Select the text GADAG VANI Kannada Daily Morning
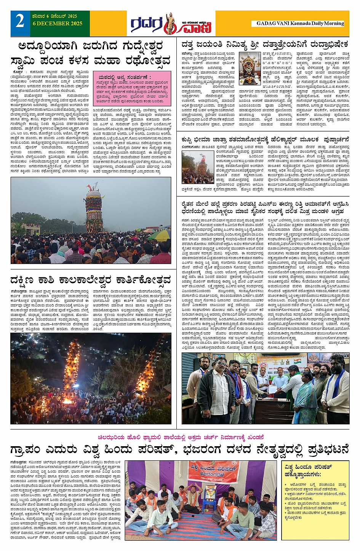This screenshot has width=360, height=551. [300, 23]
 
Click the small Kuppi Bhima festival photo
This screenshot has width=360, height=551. [197, 167]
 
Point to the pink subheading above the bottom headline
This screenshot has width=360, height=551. [181, 437]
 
